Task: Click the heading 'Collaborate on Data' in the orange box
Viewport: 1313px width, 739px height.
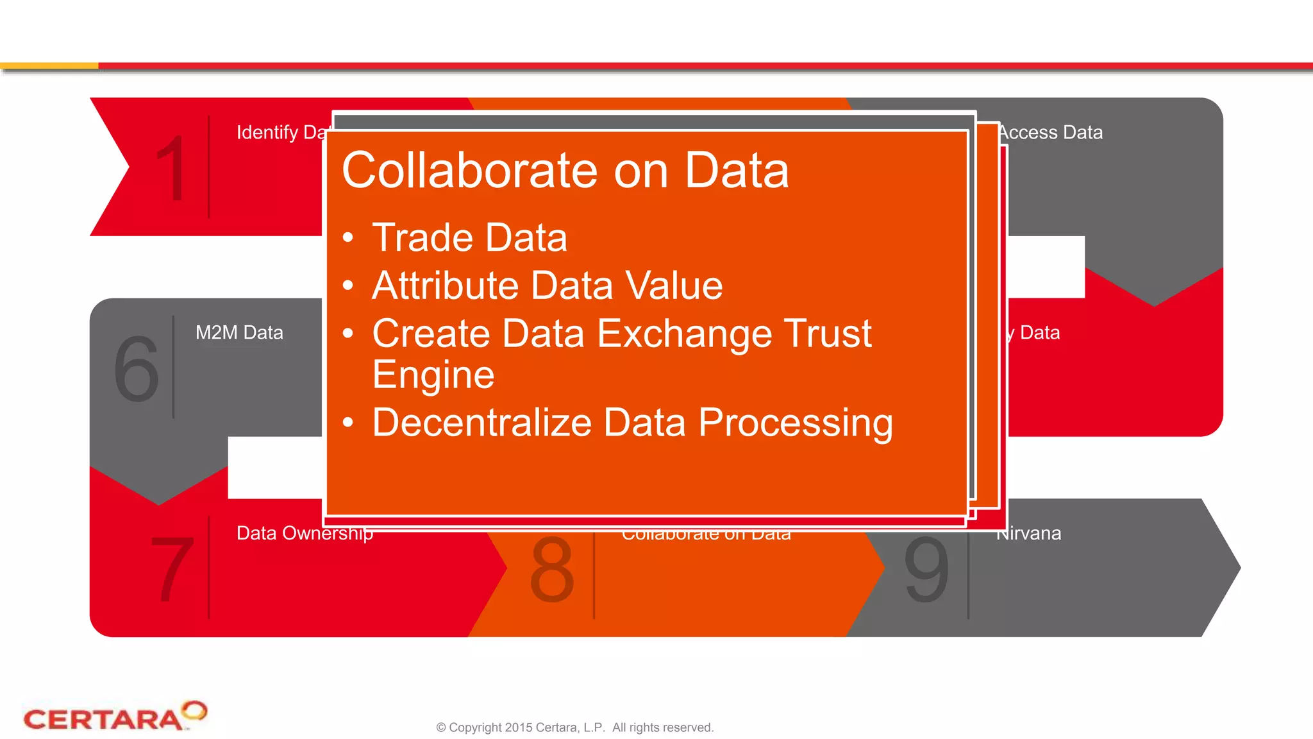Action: [x=565, y=171]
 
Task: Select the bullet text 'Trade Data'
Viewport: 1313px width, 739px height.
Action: [x=469, y=238]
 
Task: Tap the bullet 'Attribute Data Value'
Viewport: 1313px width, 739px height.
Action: [x=547, y=285]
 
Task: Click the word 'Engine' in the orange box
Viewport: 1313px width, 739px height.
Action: [x=433, y=375]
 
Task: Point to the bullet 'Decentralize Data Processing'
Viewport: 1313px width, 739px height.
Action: [x=632, y=423]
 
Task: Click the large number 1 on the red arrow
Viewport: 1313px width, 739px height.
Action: [x=172, y=168]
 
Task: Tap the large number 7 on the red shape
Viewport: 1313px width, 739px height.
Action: [x=172, y=569]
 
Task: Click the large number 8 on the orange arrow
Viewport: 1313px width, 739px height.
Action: [x=551, y=569]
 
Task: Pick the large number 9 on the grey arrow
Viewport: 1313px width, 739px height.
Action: [x=926, y=569]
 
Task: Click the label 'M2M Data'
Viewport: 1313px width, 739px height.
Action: [x=239, y=332]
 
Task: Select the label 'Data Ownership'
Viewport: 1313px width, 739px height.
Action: [x=304, y=534]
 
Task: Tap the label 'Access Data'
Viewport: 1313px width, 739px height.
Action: [x=1051, y=132]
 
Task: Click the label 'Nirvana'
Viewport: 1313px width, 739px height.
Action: [x=1030, y=534]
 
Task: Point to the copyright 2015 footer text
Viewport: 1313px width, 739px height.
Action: [x=574, y=727]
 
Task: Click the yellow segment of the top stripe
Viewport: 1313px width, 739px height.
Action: [x=49, y=65]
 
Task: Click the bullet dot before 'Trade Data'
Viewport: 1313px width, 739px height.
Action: [x=348, y=238]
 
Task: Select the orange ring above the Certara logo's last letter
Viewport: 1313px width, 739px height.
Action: [x=194, y=710]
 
